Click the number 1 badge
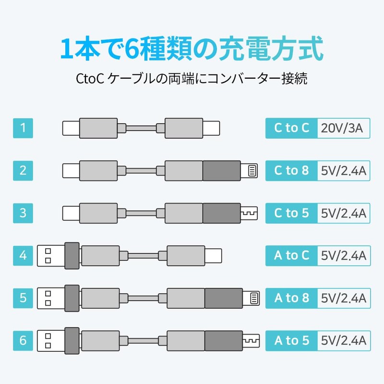tap(23, 128)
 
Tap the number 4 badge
tap(23, 256)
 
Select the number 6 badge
tap(23, 341)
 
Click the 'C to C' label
tap(291, 128)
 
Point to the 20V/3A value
tap(342, 128)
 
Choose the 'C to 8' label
tap(291, 171)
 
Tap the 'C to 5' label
tap(291, 213)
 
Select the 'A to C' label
tap(291, 256)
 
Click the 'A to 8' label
tap(291, 298)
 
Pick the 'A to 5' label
tap(291, 341)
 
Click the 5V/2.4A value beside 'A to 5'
tap(344, 341)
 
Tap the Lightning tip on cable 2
tap(249, 171)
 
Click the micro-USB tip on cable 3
tap(249, 213)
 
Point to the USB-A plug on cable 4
tap(51, 256)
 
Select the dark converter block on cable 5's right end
tap(224, 298)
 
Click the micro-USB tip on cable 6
tap(251, 341)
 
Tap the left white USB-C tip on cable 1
tap(71, 128)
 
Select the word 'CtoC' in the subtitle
tap(90, 79)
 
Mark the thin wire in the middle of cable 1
tap(141, 128)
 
